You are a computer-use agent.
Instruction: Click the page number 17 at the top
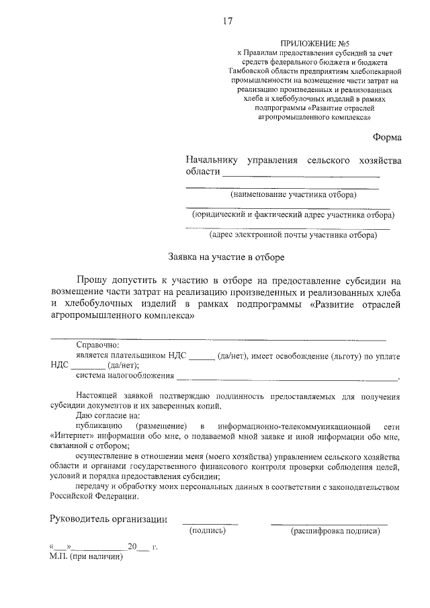228,21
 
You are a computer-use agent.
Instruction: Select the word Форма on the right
387,137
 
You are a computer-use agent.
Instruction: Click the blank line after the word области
301,174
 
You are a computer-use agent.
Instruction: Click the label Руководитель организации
107,519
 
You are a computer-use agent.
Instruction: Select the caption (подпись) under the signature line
208,531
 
